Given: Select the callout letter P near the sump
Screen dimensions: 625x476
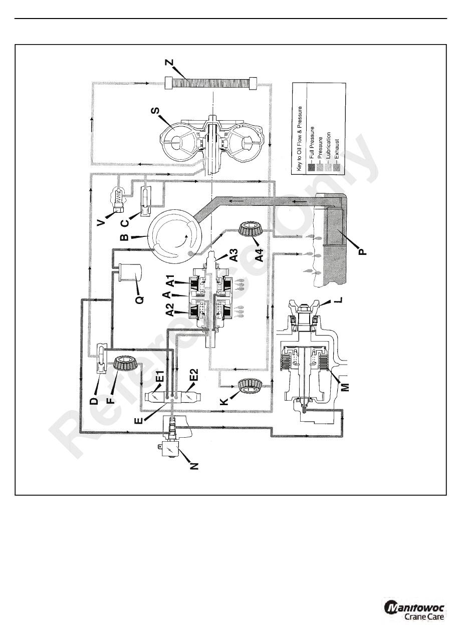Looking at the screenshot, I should pyautogui.click(x=364, y=249).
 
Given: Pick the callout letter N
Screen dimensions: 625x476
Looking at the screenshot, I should pyautogui.click(x=195, y=464).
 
